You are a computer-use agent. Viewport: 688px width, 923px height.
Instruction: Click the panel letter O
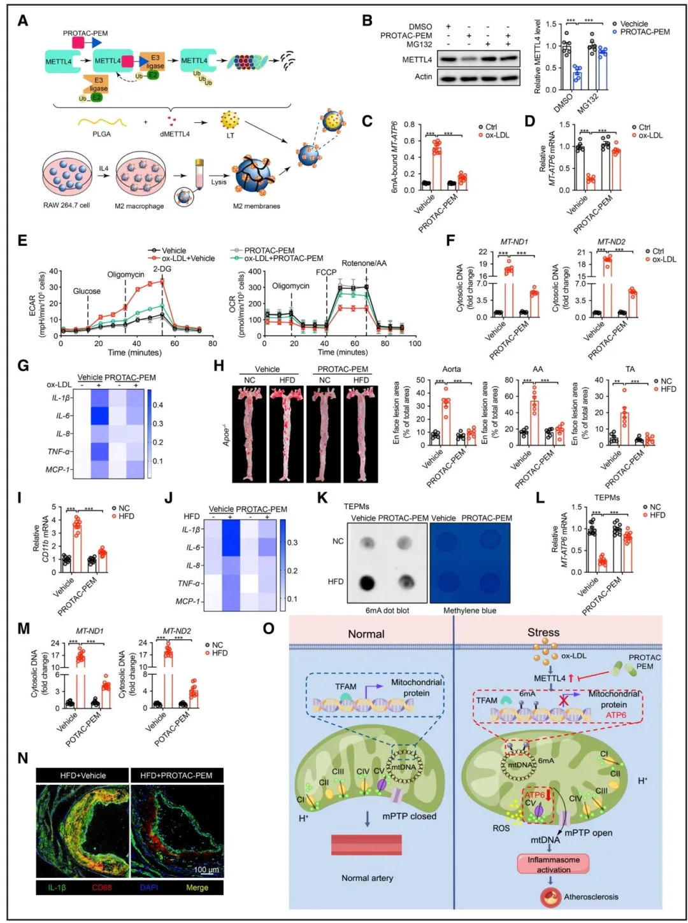coord(269,629)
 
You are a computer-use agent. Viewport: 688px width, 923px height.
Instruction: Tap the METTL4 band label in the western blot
coord(417,60)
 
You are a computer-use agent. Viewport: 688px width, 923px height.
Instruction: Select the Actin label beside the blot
coord(423,77)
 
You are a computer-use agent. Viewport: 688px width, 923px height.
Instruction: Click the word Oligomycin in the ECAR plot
coord(125,275)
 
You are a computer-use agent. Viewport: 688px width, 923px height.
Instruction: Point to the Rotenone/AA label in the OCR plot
coord(364,264)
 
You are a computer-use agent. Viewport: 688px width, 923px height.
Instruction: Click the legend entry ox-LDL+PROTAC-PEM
coord(283,258)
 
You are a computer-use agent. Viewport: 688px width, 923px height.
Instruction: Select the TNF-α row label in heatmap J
coord(189,583)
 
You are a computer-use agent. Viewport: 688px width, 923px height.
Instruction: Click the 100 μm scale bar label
coord(206,870)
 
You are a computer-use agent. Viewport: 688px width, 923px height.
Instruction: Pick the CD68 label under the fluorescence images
coord(102,887)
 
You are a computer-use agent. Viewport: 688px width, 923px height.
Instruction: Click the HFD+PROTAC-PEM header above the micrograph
coord(176,775)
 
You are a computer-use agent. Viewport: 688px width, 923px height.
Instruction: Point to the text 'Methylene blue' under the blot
coord(469,610)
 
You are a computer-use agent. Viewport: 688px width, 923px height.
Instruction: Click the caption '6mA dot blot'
coord(387,610)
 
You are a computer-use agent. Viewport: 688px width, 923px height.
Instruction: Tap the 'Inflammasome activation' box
coord(553,864)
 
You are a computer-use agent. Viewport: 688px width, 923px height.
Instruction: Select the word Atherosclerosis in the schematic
coord(591,897)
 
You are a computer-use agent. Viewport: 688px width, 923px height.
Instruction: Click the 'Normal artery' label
coord(367,878)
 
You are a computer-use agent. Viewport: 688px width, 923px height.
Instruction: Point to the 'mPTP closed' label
coord(409,816)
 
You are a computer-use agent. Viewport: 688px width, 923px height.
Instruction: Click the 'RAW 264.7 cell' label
coord(67,205)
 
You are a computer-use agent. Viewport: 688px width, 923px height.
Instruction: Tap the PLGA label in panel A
coord(101,134)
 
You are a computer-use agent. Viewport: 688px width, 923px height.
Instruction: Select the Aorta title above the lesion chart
coord(451,369)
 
